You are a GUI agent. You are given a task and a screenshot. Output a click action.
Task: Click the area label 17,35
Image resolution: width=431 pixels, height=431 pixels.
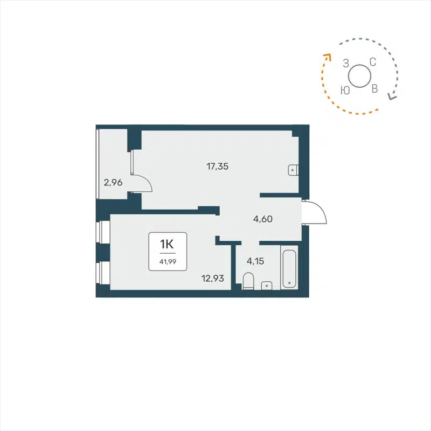coord(218,166)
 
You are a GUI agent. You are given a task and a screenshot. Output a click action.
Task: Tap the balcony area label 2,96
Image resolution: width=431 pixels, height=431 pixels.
coord(113,183)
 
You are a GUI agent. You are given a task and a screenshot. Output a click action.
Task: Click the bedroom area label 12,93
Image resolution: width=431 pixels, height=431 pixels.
coord(212,278)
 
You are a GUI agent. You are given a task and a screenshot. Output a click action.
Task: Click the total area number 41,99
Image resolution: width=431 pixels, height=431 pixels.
coord(167,261)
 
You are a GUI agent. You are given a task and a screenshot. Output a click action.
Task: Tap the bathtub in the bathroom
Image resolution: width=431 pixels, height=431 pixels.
coord(290,268)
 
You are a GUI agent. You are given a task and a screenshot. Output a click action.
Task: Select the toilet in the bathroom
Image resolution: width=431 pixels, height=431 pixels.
coord(248,281)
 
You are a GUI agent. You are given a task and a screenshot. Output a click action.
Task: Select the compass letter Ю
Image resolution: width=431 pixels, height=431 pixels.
coord(345,90)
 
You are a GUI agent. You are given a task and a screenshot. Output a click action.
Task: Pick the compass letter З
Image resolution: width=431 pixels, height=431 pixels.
coord(346,64)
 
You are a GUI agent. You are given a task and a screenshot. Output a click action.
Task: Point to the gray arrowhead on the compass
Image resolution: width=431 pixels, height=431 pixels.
coord(392,98)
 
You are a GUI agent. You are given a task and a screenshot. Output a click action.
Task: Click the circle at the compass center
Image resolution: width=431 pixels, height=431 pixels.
coord(359,75)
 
